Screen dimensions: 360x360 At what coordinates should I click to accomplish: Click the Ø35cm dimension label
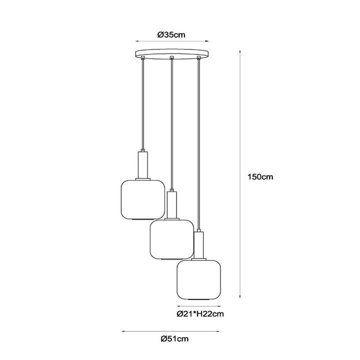pyautogui.click(x=171, y=35)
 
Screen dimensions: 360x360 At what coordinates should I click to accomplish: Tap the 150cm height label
pyautogui.click(x=260, y=177)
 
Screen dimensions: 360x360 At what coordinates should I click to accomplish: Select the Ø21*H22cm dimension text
pyautogui.click(x=200, y=313)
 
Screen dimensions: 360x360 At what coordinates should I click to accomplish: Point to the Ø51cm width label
pyautogui.click(x=174, y=338)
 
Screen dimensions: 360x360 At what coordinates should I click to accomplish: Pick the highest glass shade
pyautogui.click(x=143, y=199)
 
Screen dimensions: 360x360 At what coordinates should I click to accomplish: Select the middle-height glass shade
pyautogui.click(x=171, y=239)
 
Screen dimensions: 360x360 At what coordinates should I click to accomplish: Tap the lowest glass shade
pyautogui.click(x=199, y=280)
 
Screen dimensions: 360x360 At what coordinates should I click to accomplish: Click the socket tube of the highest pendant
pyautogui.click(x=143, y=165)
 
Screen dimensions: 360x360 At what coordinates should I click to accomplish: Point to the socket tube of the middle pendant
pyautogui.click(x=172, y=205)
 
